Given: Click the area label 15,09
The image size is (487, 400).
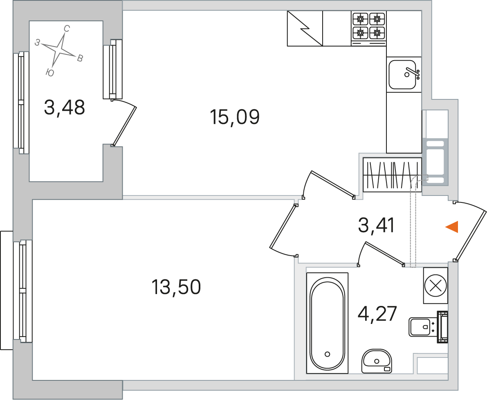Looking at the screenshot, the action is click(235, 117).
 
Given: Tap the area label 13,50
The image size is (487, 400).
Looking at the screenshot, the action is click(176, 287).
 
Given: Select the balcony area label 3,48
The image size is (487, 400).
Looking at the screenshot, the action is click(64, 107).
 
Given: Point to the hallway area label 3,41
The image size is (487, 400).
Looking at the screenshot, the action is click(376, 225).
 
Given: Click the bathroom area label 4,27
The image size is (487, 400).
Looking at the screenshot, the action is click(377, 314).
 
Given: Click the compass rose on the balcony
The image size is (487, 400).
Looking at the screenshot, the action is click(59, 51).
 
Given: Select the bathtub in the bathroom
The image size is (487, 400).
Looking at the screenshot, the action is click(328, 323).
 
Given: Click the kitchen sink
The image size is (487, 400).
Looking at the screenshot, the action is click(404, 74).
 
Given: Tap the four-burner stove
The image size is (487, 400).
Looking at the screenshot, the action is click(369, 29).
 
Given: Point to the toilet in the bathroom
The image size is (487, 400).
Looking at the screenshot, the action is click(429, 327).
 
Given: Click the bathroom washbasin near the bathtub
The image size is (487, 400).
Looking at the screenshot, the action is click(377, 361).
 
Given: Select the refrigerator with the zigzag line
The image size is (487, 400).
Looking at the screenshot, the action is click(305, 29).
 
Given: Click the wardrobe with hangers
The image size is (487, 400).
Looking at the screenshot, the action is click(392, 175).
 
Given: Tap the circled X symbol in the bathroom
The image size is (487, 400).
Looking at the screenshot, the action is click(435, 285).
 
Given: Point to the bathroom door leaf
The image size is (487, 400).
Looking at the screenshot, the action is click(384, 254).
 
